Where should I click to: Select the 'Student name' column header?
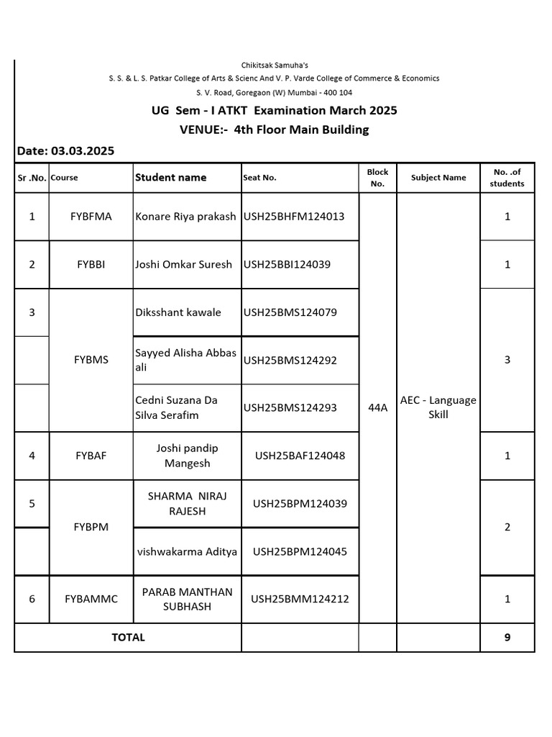coord(170,177)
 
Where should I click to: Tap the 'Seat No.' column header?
coord(259,178)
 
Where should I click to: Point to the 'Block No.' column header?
coord(377,178)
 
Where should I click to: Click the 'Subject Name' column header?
coord(438,178)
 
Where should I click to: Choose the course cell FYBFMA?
coord(91,216)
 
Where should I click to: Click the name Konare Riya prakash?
coord(185,216)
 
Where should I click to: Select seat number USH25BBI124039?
coord(287,264)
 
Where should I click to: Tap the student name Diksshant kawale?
coord(178,312)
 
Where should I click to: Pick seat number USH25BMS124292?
coord(290,360)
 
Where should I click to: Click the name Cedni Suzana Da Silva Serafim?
coord(177,407)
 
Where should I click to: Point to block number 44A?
coord(377,407)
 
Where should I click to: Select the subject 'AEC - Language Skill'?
coord(438,407)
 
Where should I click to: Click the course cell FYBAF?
coord(91,456)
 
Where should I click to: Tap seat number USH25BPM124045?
coord(300,551)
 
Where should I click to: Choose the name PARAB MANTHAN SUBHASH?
coord(187,599)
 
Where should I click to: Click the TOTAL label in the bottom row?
coord(128,637)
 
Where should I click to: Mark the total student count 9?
coord(507,637)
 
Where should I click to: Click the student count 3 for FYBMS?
coord(507,360)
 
